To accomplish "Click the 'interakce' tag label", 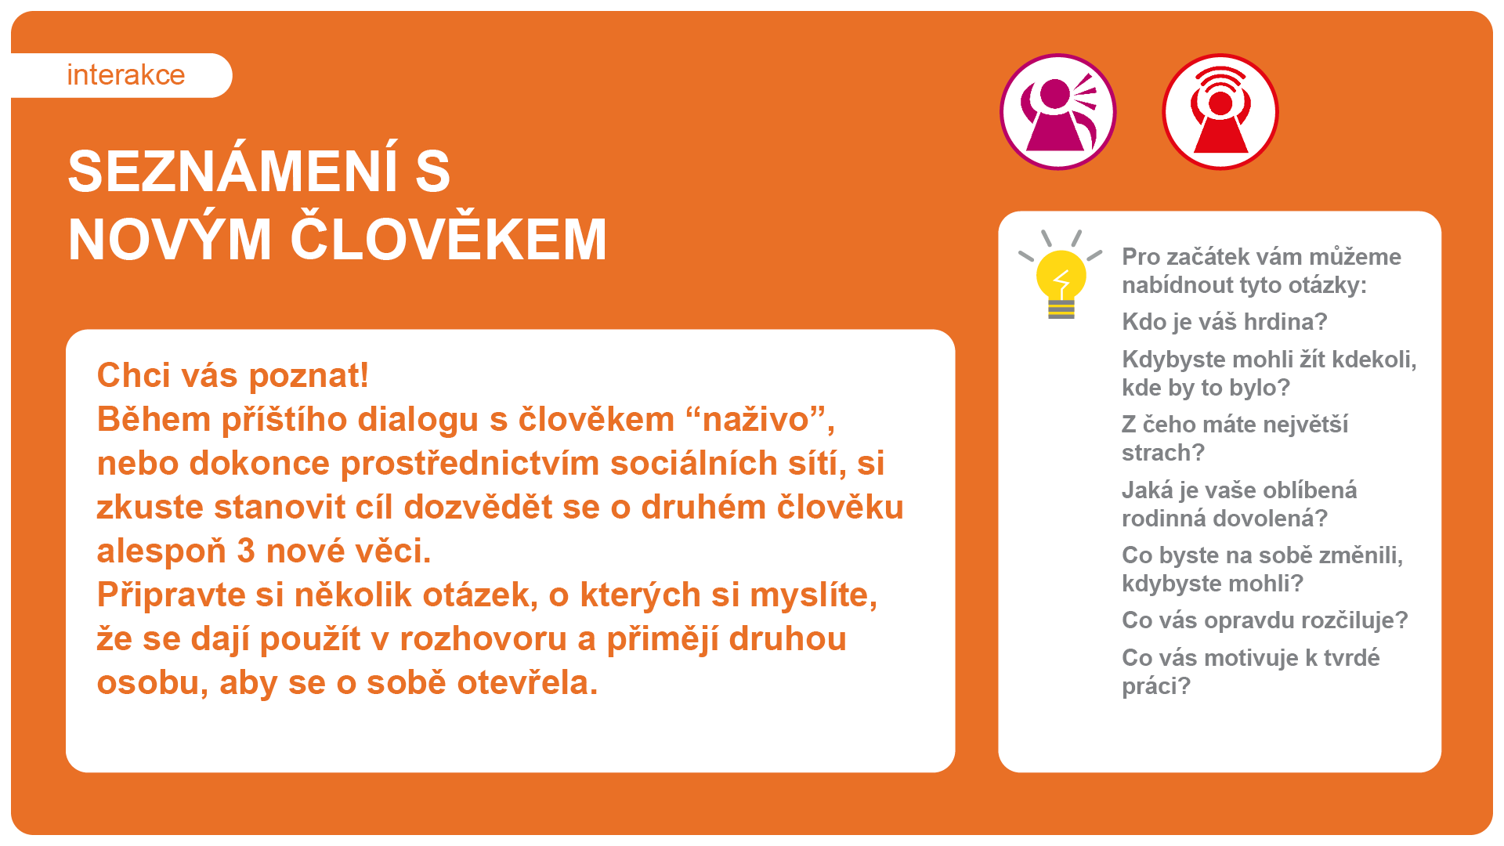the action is pyautogui.click(x=126, y=75).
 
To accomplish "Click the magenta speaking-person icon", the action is pyautogui.click(x=1058, y=112).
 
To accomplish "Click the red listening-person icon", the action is pyautogui.click(x=1220, y=112).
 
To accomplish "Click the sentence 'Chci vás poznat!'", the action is pyautogui.click(x=233, y=375).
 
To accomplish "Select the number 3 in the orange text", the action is pyautogui.click(x=246, y=551).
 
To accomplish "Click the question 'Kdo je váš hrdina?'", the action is pyautogui.click(x=1224, y=321).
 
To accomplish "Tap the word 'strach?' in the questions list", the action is pyautogui.click(x=1162, y=453).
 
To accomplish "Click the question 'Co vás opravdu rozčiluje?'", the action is pyautogui.click(x=1264, y=620).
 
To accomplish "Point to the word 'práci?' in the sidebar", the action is pyautogui.click(x=1156, y=686).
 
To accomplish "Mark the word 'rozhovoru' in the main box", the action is pyautogui.click(x=483, y=639).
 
